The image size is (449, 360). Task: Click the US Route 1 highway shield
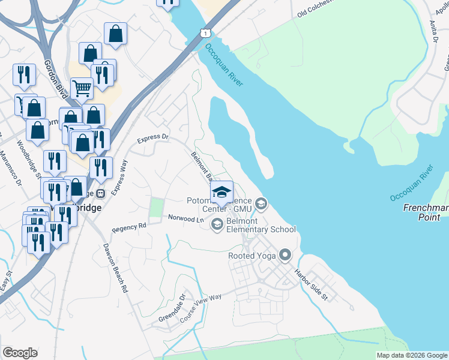click(206, 32)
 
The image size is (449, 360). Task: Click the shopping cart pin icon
click(82, 89)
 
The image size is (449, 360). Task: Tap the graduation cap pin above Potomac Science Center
click(221, 193)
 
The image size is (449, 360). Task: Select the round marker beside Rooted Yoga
click(285, 256)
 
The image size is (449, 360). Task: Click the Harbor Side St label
click(310, 284)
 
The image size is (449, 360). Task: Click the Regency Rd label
click(129, 227)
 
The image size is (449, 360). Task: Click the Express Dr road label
click(153, 137)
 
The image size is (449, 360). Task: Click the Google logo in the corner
click(20, 353)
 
